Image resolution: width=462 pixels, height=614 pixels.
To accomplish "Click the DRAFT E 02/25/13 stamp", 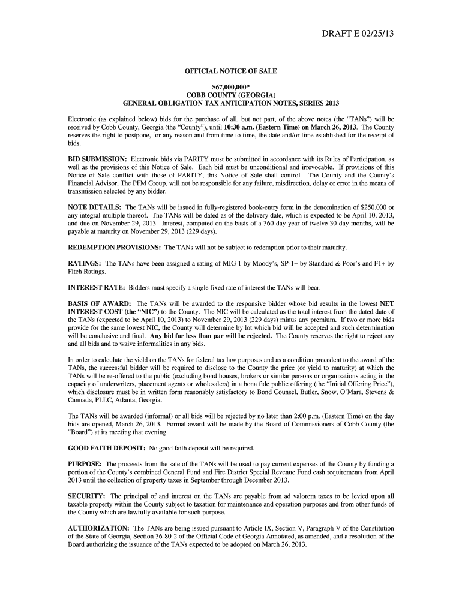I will (356, 40).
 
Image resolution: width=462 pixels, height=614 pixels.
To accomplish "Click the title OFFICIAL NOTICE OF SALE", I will (230, 71).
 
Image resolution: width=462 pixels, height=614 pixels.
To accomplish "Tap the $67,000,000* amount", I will (230, 87).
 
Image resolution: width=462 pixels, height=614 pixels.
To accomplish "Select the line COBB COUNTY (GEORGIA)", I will (230, 95).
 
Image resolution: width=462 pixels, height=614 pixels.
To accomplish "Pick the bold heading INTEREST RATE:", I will (96, 287).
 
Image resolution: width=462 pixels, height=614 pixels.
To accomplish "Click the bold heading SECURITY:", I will (86, 496).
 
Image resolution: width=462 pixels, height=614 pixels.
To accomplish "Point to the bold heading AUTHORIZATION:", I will (98, 528).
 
